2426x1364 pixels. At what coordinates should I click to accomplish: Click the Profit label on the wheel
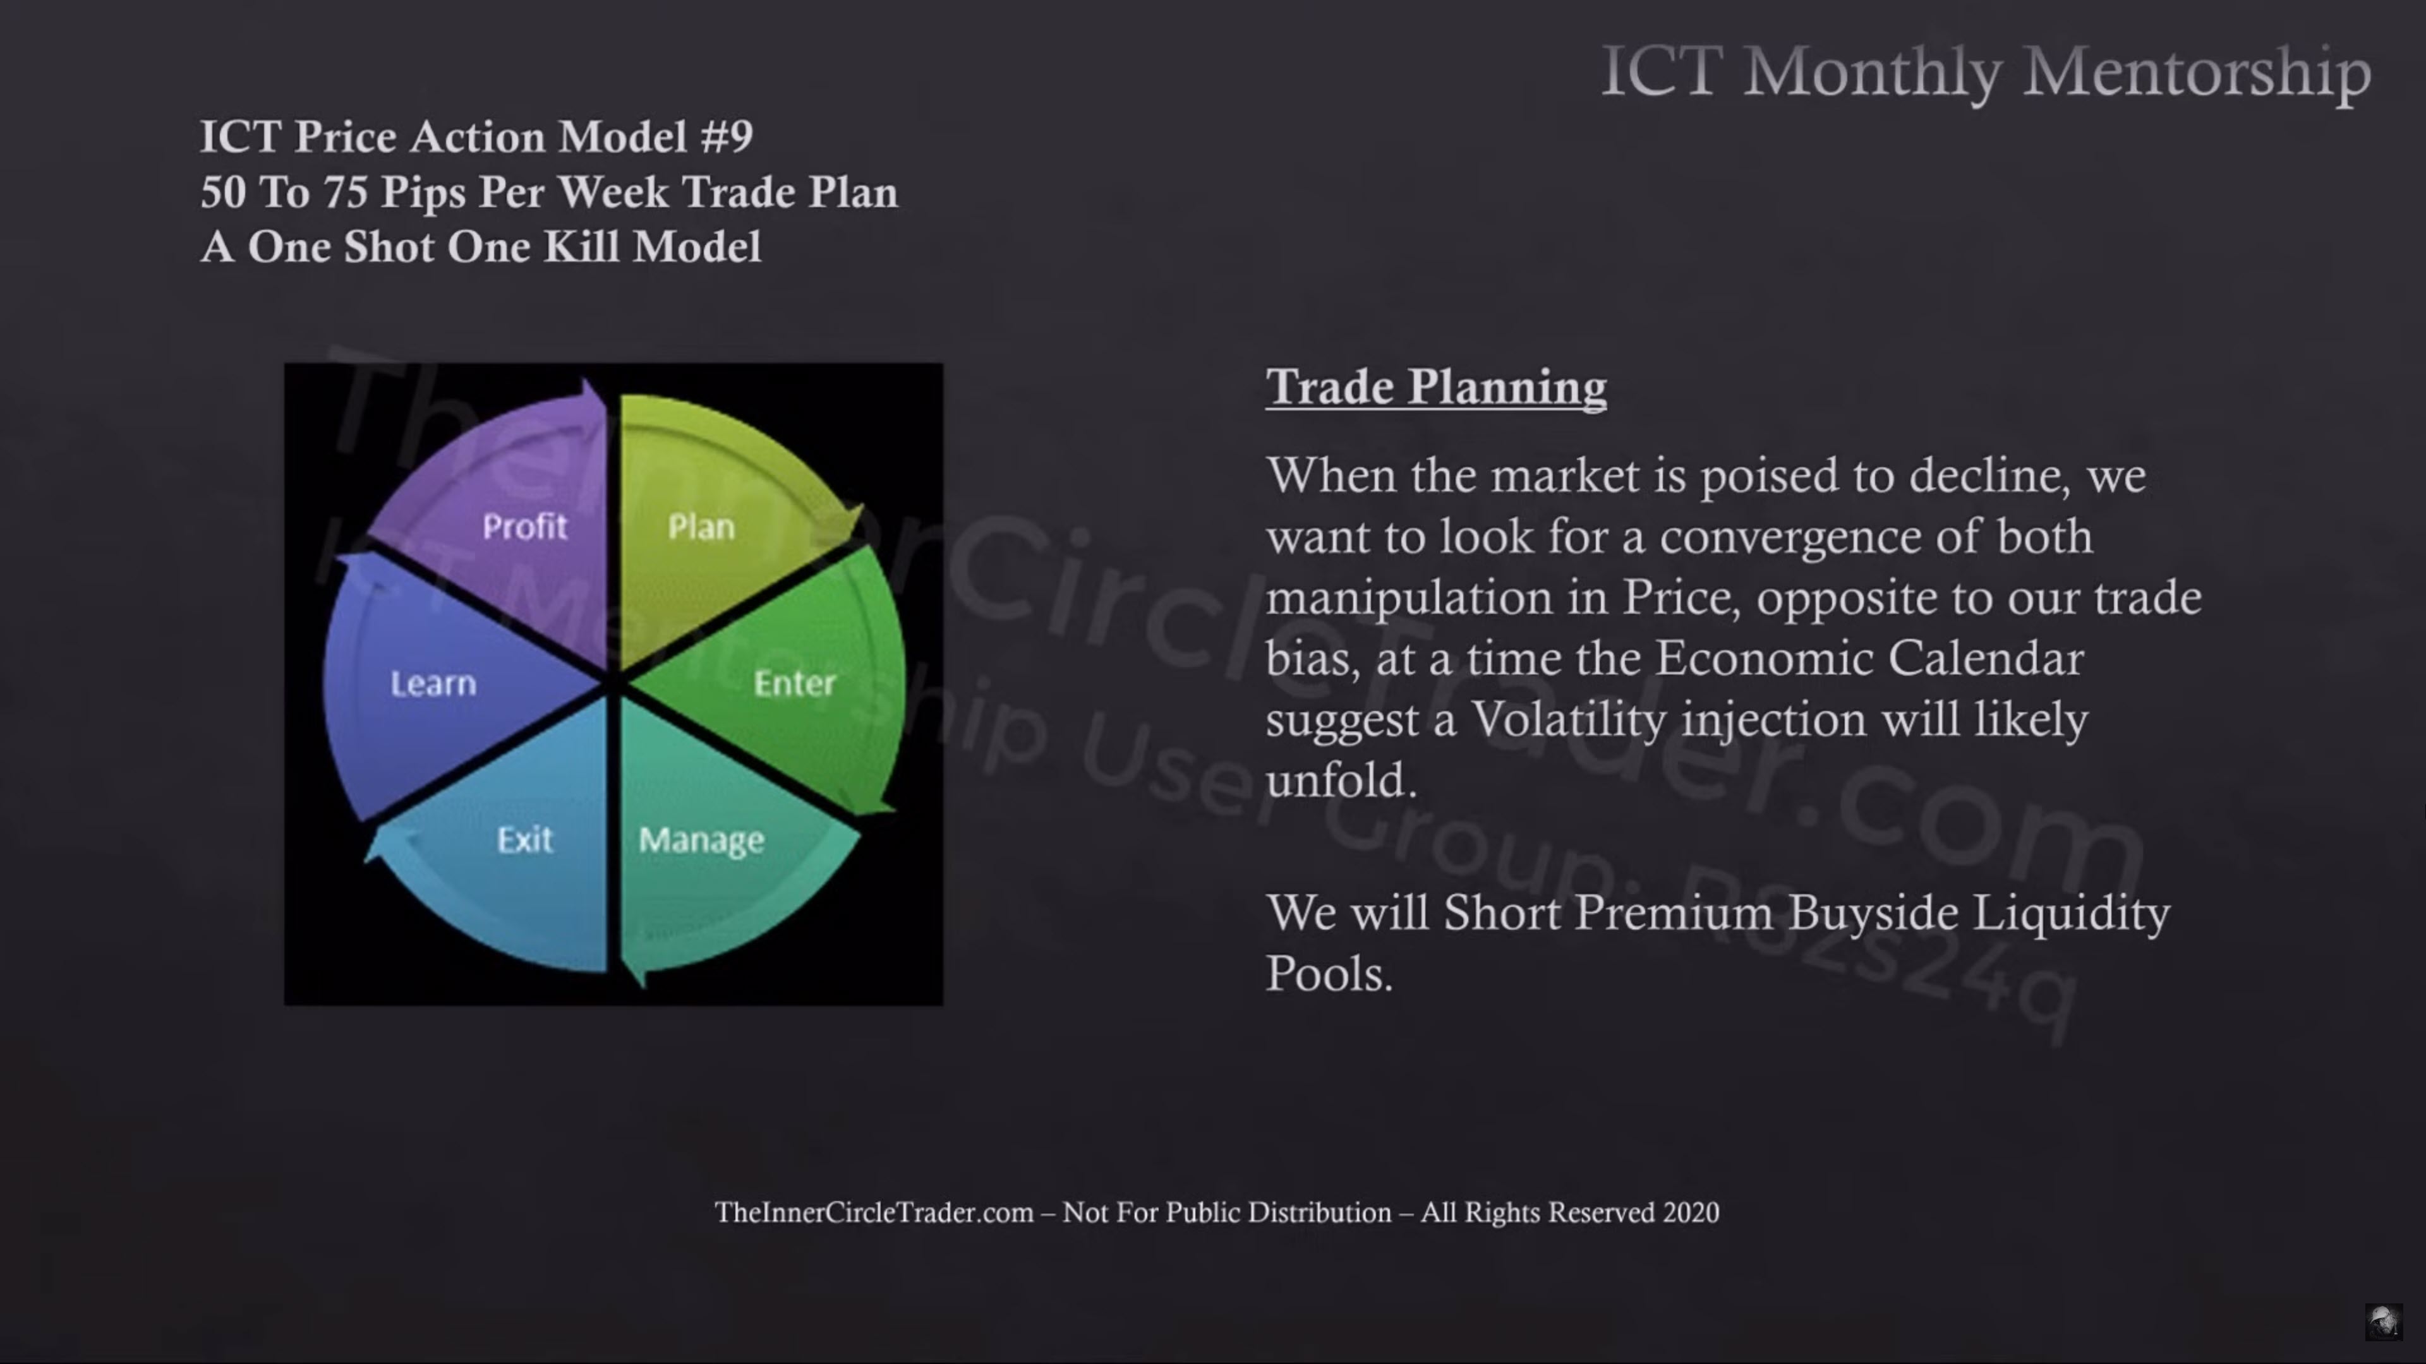[524, 526]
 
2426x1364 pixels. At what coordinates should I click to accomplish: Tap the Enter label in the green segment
[795, 683]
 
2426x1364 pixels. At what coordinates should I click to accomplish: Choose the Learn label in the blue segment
[433, 683]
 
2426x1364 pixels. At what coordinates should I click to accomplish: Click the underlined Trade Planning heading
[1436, 388]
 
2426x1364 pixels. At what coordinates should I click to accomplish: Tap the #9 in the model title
[726, 136]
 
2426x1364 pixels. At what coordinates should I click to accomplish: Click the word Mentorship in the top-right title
[2197, 71]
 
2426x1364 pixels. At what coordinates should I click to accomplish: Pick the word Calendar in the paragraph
[1985, 658]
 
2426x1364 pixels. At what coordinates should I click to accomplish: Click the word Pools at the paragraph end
[1329, 973]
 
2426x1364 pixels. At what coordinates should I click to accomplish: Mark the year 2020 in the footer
[1691, 1212]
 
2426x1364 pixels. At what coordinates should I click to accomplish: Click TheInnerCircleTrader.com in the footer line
[874, 1212]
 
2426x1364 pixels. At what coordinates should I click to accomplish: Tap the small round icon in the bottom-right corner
[2384, 1322]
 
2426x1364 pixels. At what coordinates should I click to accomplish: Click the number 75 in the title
[346, 192]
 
